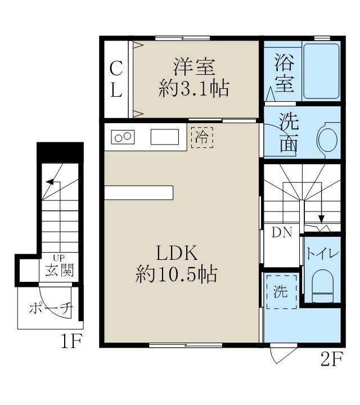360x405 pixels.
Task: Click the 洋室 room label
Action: pyautogui.click(x=194, y=67)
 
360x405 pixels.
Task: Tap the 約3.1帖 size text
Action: pyautogui.click(x=194, y=89)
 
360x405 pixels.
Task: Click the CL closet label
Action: pyautogui.click(x=116, y=79)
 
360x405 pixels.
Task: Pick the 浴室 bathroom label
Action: pyautogui.click(x=284, y=73)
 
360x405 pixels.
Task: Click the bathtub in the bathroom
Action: pyautogui.click(x=321, y=71)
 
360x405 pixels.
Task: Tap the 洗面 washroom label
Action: pyautogui.click(x=289, y=133)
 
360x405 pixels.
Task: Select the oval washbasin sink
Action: pyautogui.click(x=327, y=138)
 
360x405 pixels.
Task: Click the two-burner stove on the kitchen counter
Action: pyautogui.click(x=124, y=137)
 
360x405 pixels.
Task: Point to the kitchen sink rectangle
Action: pyautogui.click(x=164, y=137)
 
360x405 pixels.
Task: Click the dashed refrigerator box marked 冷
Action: pyautogui.click(x=202, y=137)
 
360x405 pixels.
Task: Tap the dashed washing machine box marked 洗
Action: pyautogui.click(x=281, y=291)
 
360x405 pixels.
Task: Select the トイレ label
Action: pyautogui.click(x=322, y=254)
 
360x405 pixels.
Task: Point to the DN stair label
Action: pyautogui.click(x=282, y=232)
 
